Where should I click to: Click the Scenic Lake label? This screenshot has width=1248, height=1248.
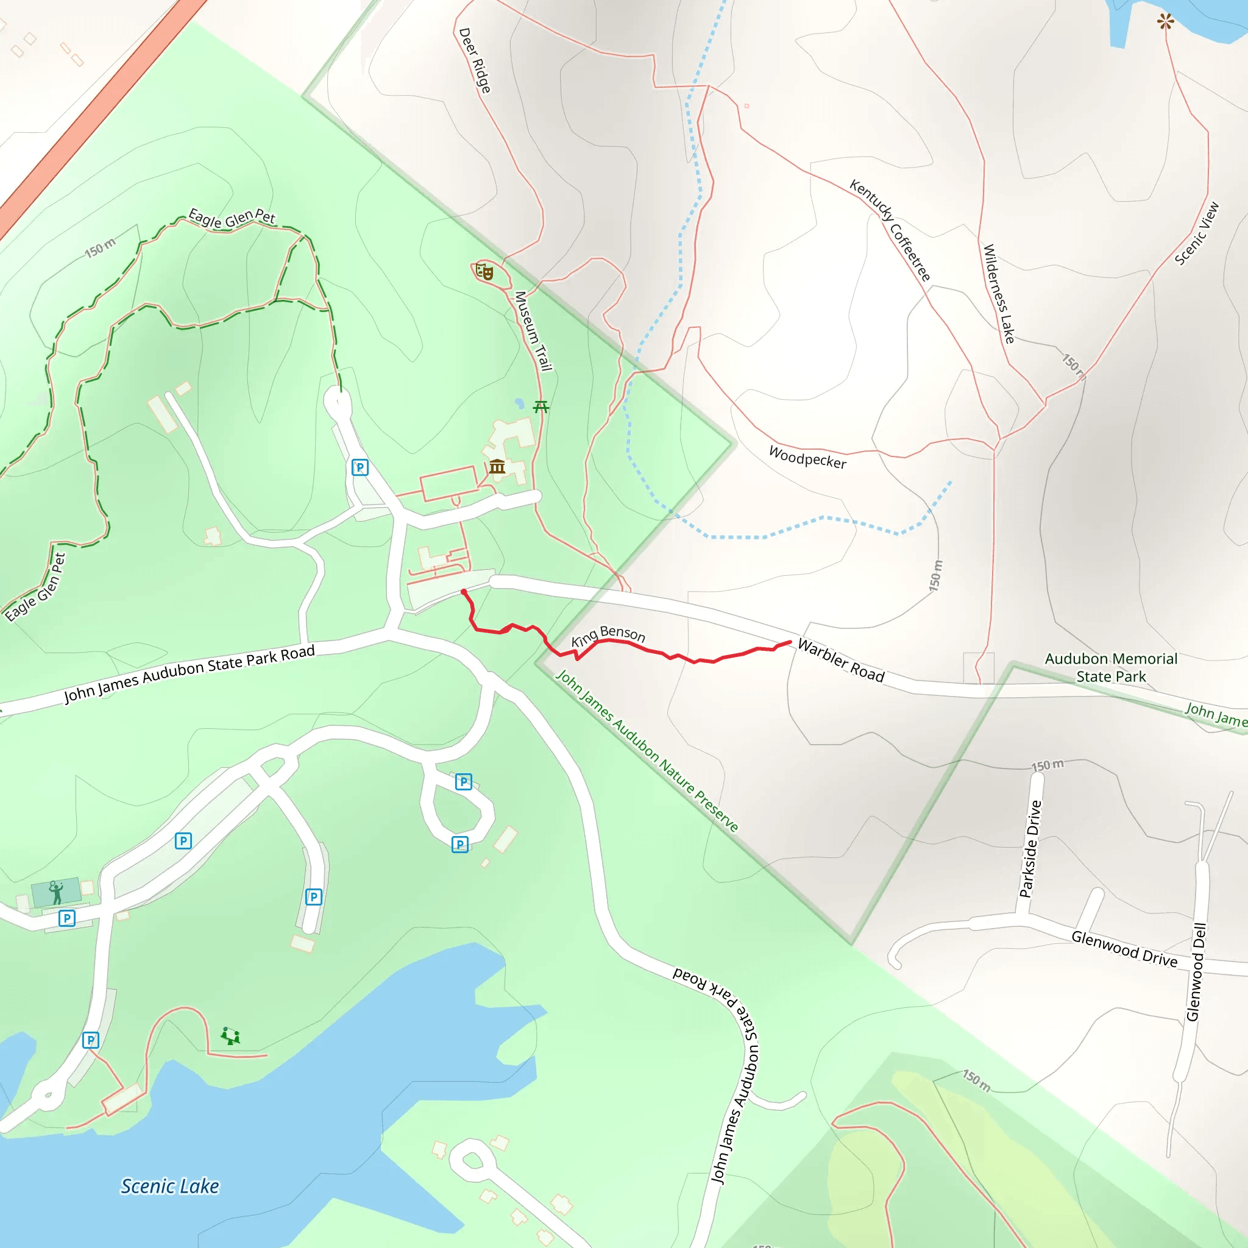(x=170, y=1186)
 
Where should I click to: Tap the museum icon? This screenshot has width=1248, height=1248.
(x=497, y=466)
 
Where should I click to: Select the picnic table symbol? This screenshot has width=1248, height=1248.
(x=541, y=406)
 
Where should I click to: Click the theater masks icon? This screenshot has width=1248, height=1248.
(x=484, y=271)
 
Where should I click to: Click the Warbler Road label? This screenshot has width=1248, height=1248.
(x=840, y=660)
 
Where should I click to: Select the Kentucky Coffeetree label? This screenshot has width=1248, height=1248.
(x=890, y=230)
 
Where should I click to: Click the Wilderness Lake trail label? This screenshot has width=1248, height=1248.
(x=999, y=293)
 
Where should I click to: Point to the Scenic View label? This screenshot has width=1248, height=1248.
(x=1197, y=234)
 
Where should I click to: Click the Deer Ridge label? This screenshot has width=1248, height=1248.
(x=475, y=60)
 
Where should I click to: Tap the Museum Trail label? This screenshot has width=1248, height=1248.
(x=533, y=331)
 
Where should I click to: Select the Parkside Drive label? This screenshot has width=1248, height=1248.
(x=1031, y=849)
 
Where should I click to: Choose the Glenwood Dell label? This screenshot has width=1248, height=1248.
(x=1196, y=972)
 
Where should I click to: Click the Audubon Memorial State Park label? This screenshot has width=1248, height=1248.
(x=1111, y=667)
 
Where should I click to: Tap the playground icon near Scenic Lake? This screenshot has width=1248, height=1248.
(x=230, y=1036)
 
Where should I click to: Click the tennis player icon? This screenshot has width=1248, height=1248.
(x=56, y=892)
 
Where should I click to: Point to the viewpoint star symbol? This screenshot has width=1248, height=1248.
(x=1165, y=22)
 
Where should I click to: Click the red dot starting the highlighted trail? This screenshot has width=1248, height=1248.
(x=464, y=592)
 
